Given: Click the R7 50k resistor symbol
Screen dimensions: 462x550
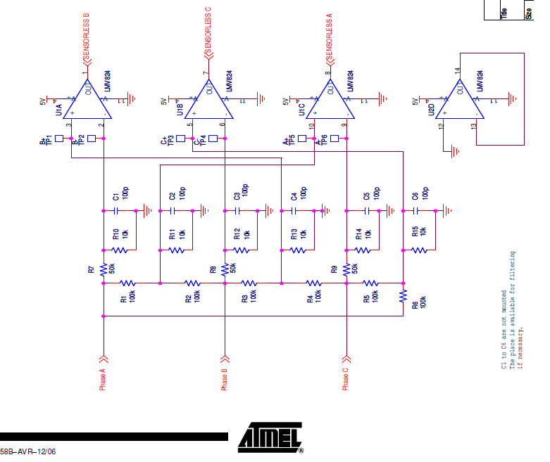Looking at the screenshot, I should tap(104, 269).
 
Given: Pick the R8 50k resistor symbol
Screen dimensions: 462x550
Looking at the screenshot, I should tap(225, 269).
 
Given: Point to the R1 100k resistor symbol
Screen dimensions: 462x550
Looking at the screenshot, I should tap(127, 283).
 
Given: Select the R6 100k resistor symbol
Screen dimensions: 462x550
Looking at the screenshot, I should tap(404, 295).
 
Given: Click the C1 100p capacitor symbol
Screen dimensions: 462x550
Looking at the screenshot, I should tap(116, 210).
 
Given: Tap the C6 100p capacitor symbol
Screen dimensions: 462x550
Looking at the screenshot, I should tap(416, 210).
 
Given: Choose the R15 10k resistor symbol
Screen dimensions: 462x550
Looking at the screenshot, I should tap(420, 250).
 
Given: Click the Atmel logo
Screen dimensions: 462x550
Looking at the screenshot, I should tap(272, 436).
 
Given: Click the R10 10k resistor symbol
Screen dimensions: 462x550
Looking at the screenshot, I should tap(120, 250).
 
